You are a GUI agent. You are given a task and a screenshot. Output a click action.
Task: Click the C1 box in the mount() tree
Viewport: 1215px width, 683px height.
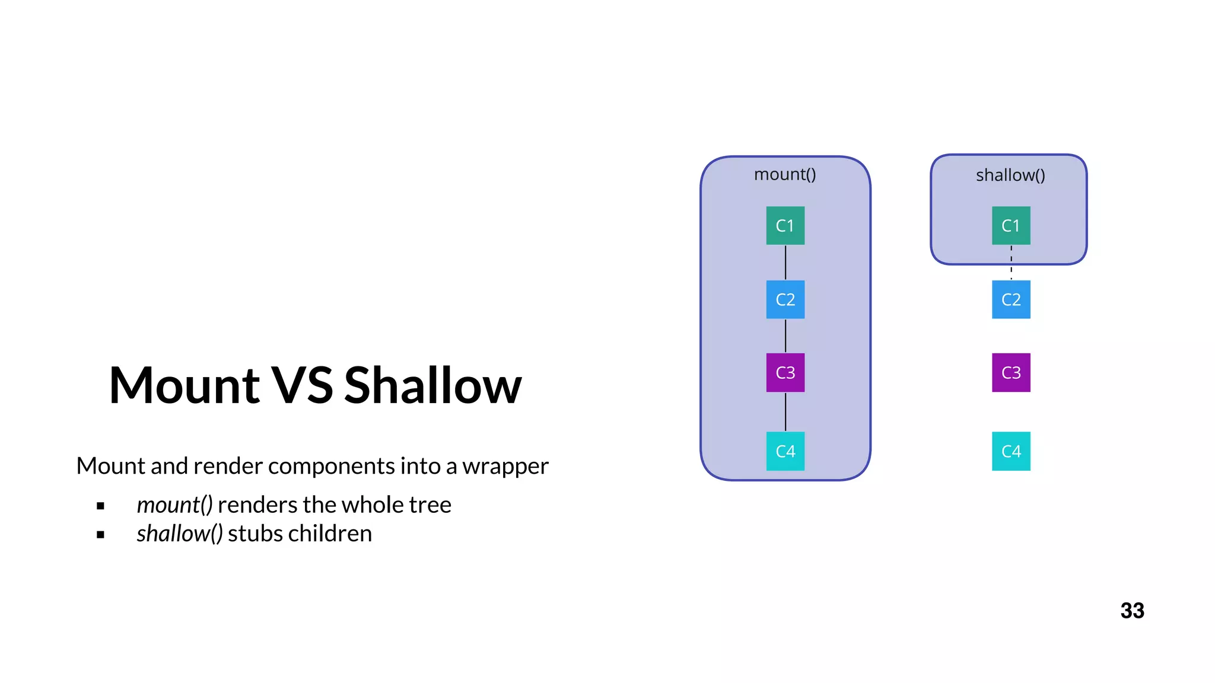coord(785,225)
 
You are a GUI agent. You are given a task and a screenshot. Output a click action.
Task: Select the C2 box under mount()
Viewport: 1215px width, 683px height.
coord(785,299)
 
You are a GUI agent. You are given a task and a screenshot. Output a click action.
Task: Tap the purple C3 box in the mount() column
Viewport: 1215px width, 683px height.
coord(785,372)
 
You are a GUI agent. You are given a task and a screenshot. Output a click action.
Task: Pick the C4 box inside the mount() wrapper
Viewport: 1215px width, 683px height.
coord(785,451)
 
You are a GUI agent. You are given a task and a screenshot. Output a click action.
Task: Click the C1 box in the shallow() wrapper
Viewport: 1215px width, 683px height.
coord(1011,225)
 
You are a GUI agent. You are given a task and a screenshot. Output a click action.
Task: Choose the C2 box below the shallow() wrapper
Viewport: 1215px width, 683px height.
coord(1011,299)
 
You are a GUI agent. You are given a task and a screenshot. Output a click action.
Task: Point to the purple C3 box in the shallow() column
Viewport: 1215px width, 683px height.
coord(1011,372)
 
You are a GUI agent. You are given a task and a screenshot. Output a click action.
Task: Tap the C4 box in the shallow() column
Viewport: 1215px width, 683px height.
coord(1011,451)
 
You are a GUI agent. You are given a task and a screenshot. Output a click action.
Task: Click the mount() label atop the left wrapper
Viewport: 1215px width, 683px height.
coord(785,174)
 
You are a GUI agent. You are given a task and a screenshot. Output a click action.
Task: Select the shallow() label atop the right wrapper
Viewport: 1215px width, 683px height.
coord(1010,175)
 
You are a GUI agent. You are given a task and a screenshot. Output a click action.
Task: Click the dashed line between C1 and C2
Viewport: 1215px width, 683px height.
coord(1011,263)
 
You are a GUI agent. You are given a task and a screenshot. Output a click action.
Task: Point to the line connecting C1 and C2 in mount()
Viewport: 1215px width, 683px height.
coord(785,263)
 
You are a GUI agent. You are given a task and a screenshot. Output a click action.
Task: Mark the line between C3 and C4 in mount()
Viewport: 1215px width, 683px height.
coord(785,412)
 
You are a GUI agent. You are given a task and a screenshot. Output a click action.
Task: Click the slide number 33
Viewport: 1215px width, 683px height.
coord(1132,611)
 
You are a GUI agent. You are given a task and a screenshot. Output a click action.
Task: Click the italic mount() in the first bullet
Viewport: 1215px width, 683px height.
coord(174,505)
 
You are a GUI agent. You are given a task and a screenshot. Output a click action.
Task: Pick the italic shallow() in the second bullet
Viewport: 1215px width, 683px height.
coord(179,534)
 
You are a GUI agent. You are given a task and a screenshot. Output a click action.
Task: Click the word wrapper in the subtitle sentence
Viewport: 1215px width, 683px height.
coord(505,466)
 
